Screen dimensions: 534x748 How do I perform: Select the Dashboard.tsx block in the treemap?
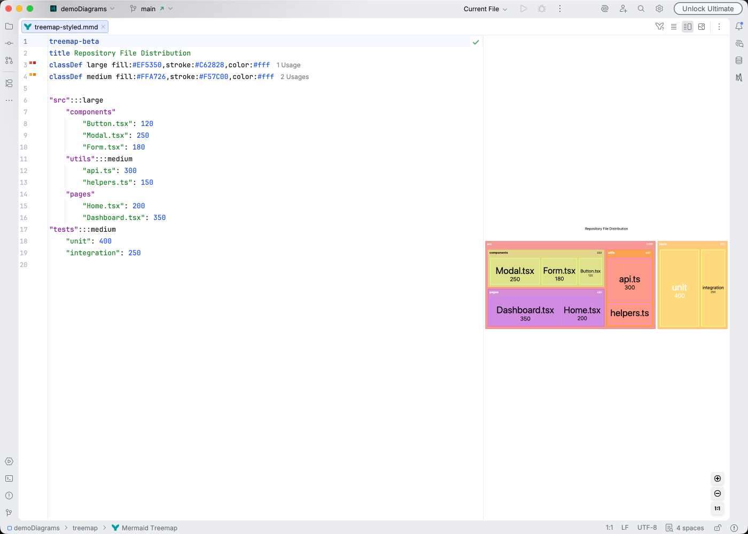[x=525, y=312]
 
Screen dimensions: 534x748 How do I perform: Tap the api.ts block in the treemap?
[x=629, y=281]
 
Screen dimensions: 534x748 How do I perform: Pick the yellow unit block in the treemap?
[x=679, y=288]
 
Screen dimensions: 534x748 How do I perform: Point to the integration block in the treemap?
[x=713, y=288]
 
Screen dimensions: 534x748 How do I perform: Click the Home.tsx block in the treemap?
[x=582, y=312]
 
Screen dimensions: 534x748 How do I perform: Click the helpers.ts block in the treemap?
[x=629, y=313]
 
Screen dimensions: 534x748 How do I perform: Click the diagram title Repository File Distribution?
[x=606, y=229]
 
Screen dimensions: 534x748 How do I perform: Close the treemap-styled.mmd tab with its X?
[x=103, y=27]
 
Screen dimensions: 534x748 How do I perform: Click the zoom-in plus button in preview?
[x=718, y=478]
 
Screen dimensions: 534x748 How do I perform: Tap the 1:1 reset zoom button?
[x=718, y=508]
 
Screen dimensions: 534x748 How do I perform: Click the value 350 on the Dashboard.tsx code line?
[x=159, y=218]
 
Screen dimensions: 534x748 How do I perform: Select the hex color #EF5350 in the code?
[x=147, y=65]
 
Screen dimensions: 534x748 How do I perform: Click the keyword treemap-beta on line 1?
[x=74, y=42]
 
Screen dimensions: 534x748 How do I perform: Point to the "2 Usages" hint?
[x=294, y=77]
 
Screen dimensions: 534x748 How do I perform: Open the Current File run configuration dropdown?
[x=485, y=9]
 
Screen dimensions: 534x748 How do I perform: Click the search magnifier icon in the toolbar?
[x=641, y=9]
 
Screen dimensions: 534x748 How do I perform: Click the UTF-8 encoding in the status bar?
[x=647, y=528]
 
